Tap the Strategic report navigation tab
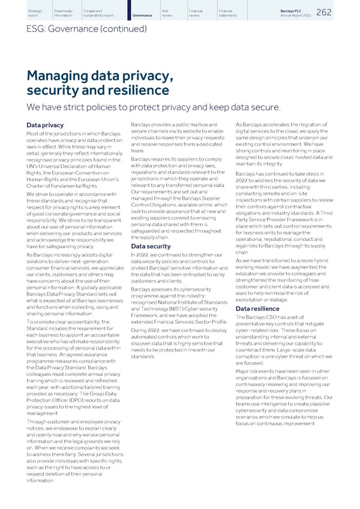point(35,12)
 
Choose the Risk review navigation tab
point(167,12)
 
